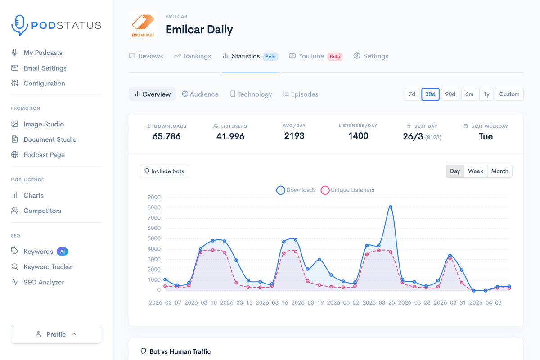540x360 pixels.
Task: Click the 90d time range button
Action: pyautogui.click(x=450, y=94)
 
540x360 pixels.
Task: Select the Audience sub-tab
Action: pyautogui.click(x=200, y=94)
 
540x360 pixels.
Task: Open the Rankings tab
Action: pyautogui.click(x=193, y=56)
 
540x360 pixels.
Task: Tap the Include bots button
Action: pyautogui.click(x=164, y=171)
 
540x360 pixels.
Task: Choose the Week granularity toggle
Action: pyautogui.click(x=475, y=171)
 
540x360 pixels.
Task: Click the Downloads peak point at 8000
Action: pyautogui.click(x=391, y=207)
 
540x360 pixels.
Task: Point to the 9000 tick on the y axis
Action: pyautogui.click(x=154, y=198)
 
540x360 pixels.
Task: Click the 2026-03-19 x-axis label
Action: pyautogui.click(x=307, y=303)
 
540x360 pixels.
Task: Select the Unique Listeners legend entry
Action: pyautogui.click(x=347, y=190)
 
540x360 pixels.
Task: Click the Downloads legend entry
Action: pyautogui.click(x=296, y=190)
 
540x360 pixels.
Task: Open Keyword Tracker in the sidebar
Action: pyautogui.click(x=48, y=267)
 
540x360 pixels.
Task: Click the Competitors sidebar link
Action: pyautogui.click(x=42, y=211)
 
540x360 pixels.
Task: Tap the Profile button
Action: pyautogui.click(x=56, y=334)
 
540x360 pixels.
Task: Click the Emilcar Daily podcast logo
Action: pyautogui.click(x=143, y=25)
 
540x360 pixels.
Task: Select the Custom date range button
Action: pyautogui.click(x=509, y=94)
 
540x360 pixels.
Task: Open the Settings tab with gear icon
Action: pyautogui.click(x=371, y=56)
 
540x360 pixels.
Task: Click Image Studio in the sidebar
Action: pyautogui.click(x=44, y=124)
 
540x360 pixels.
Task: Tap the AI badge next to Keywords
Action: pyautogui.click(x=63, y=252)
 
